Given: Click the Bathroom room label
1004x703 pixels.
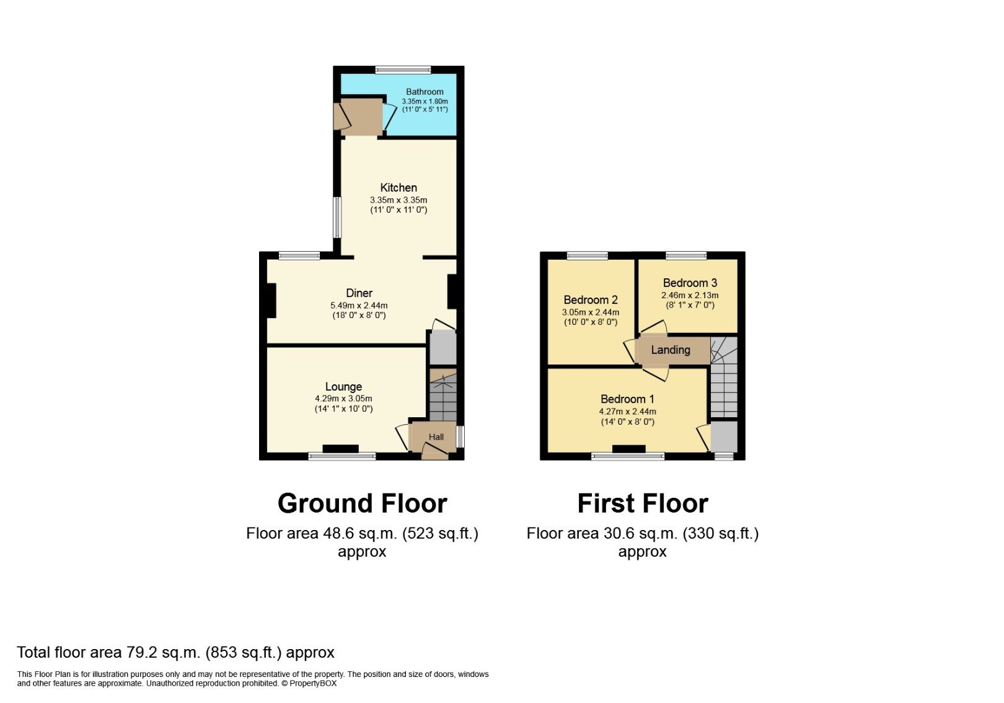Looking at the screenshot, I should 425,92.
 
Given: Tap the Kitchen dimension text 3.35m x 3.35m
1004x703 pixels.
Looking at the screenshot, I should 399,200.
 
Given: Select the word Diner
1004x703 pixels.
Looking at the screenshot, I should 359,293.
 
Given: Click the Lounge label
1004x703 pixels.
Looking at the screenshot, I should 343,386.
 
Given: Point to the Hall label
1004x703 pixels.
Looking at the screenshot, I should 436,437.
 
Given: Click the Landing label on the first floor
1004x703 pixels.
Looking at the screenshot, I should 670,350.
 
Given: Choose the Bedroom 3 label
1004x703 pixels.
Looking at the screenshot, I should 690,283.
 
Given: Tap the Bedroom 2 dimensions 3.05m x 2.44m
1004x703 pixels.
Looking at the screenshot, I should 590,312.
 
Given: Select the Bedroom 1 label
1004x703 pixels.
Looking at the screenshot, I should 627,399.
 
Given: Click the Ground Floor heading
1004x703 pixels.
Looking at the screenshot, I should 362,503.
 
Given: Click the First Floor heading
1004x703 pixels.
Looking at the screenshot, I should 643,503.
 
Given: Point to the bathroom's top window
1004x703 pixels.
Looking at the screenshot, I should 403,69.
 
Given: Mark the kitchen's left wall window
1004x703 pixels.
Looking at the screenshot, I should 337,217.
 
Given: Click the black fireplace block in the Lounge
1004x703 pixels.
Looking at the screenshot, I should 340,449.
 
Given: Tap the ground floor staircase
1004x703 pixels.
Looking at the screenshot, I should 443,397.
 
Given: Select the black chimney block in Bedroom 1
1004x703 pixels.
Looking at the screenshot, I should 628,449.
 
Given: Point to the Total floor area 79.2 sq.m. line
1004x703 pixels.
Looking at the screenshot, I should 175,652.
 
